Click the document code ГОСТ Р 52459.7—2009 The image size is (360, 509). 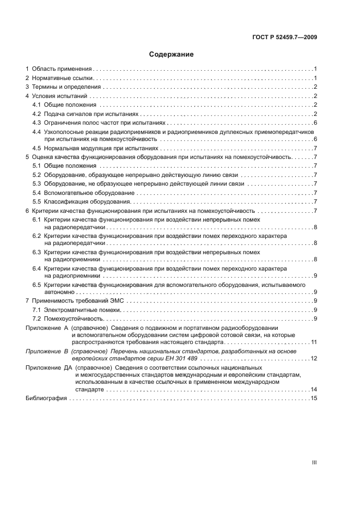[x=285, y=37]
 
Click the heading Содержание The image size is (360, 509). [x=171, y=54]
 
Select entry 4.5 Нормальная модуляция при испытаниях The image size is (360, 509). [x=95, y=148]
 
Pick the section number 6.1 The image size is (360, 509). [x=36, y=219]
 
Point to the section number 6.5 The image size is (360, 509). [x=36, y=285]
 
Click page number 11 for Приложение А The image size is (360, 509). [x=314, y=342]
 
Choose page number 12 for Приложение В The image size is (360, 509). [x=314, y=358]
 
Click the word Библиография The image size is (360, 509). [x=46, y=398]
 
